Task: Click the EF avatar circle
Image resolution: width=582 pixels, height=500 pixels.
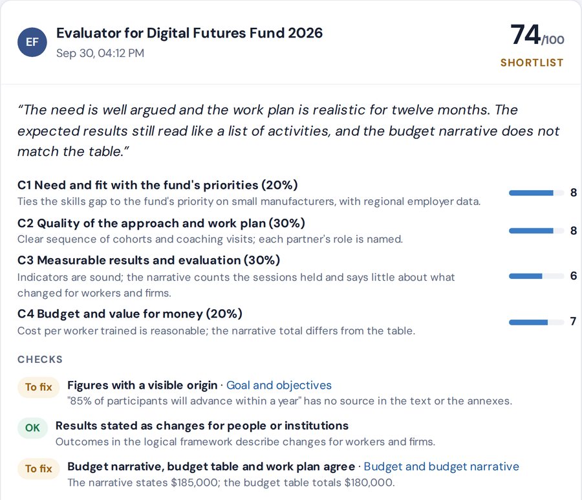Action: [32, 42]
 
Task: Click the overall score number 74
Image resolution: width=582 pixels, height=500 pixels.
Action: [525, 34]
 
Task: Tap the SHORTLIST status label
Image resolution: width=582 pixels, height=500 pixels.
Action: [532, 63]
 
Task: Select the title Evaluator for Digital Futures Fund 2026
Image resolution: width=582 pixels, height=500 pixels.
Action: [189, 33]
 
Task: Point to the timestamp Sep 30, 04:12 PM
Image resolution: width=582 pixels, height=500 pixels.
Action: [100, 53]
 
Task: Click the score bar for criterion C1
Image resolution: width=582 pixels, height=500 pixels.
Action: [536, 193]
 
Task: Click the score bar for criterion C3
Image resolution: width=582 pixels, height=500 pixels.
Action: [536, 276]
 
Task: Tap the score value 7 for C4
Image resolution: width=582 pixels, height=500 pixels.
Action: [573, 321]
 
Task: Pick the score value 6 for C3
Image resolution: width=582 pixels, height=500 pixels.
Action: [574, 276]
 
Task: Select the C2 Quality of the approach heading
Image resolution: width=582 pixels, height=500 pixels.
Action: [161, 223]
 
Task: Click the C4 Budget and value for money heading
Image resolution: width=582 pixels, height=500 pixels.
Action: [130, 314]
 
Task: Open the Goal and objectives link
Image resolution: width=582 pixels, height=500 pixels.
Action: [279, 386]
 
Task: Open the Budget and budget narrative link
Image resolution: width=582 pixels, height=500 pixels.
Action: [441, 466]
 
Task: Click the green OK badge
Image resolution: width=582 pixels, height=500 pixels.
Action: [32, 428]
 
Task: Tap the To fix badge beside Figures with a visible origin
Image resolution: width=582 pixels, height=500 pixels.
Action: [39, 387]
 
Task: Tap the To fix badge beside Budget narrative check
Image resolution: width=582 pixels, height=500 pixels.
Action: [39, 468]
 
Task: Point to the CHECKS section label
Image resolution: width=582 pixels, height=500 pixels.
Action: [40, 360]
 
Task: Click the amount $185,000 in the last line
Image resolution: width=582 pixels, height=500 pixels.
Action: [194, 483]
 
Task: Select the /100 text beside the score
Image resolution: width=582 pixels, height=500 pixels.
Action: [553, 39]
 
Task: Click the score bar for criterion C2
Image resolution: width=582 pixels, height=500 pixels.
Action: [536, 231]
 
